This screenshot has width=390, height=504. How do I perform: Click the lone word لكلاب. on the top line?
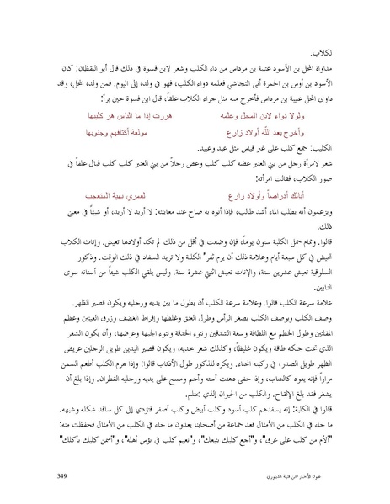[333, 53]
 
